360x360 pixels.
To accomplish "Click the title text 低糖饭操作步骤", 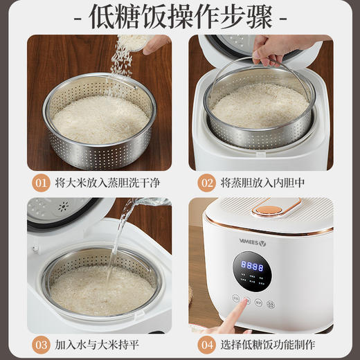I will point(180,16).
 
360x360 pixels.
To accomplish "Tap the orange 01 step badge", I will point(41,183).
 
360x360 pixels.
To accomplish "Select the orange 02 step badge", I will point(206,183).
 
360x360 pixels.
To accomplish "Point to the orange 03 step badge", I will point(41,344).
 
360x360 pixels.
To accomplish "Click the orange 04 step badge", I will point(206,344).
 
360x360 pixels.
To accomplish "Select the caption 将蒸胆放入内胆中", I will point(263,183).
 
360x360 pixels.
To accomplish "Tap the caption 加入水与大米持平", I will point(100,344).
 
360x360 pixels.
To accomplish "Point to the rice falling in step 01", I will point(125,55).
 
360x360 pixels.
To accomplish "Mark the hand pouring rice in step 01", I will point(156,44).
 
